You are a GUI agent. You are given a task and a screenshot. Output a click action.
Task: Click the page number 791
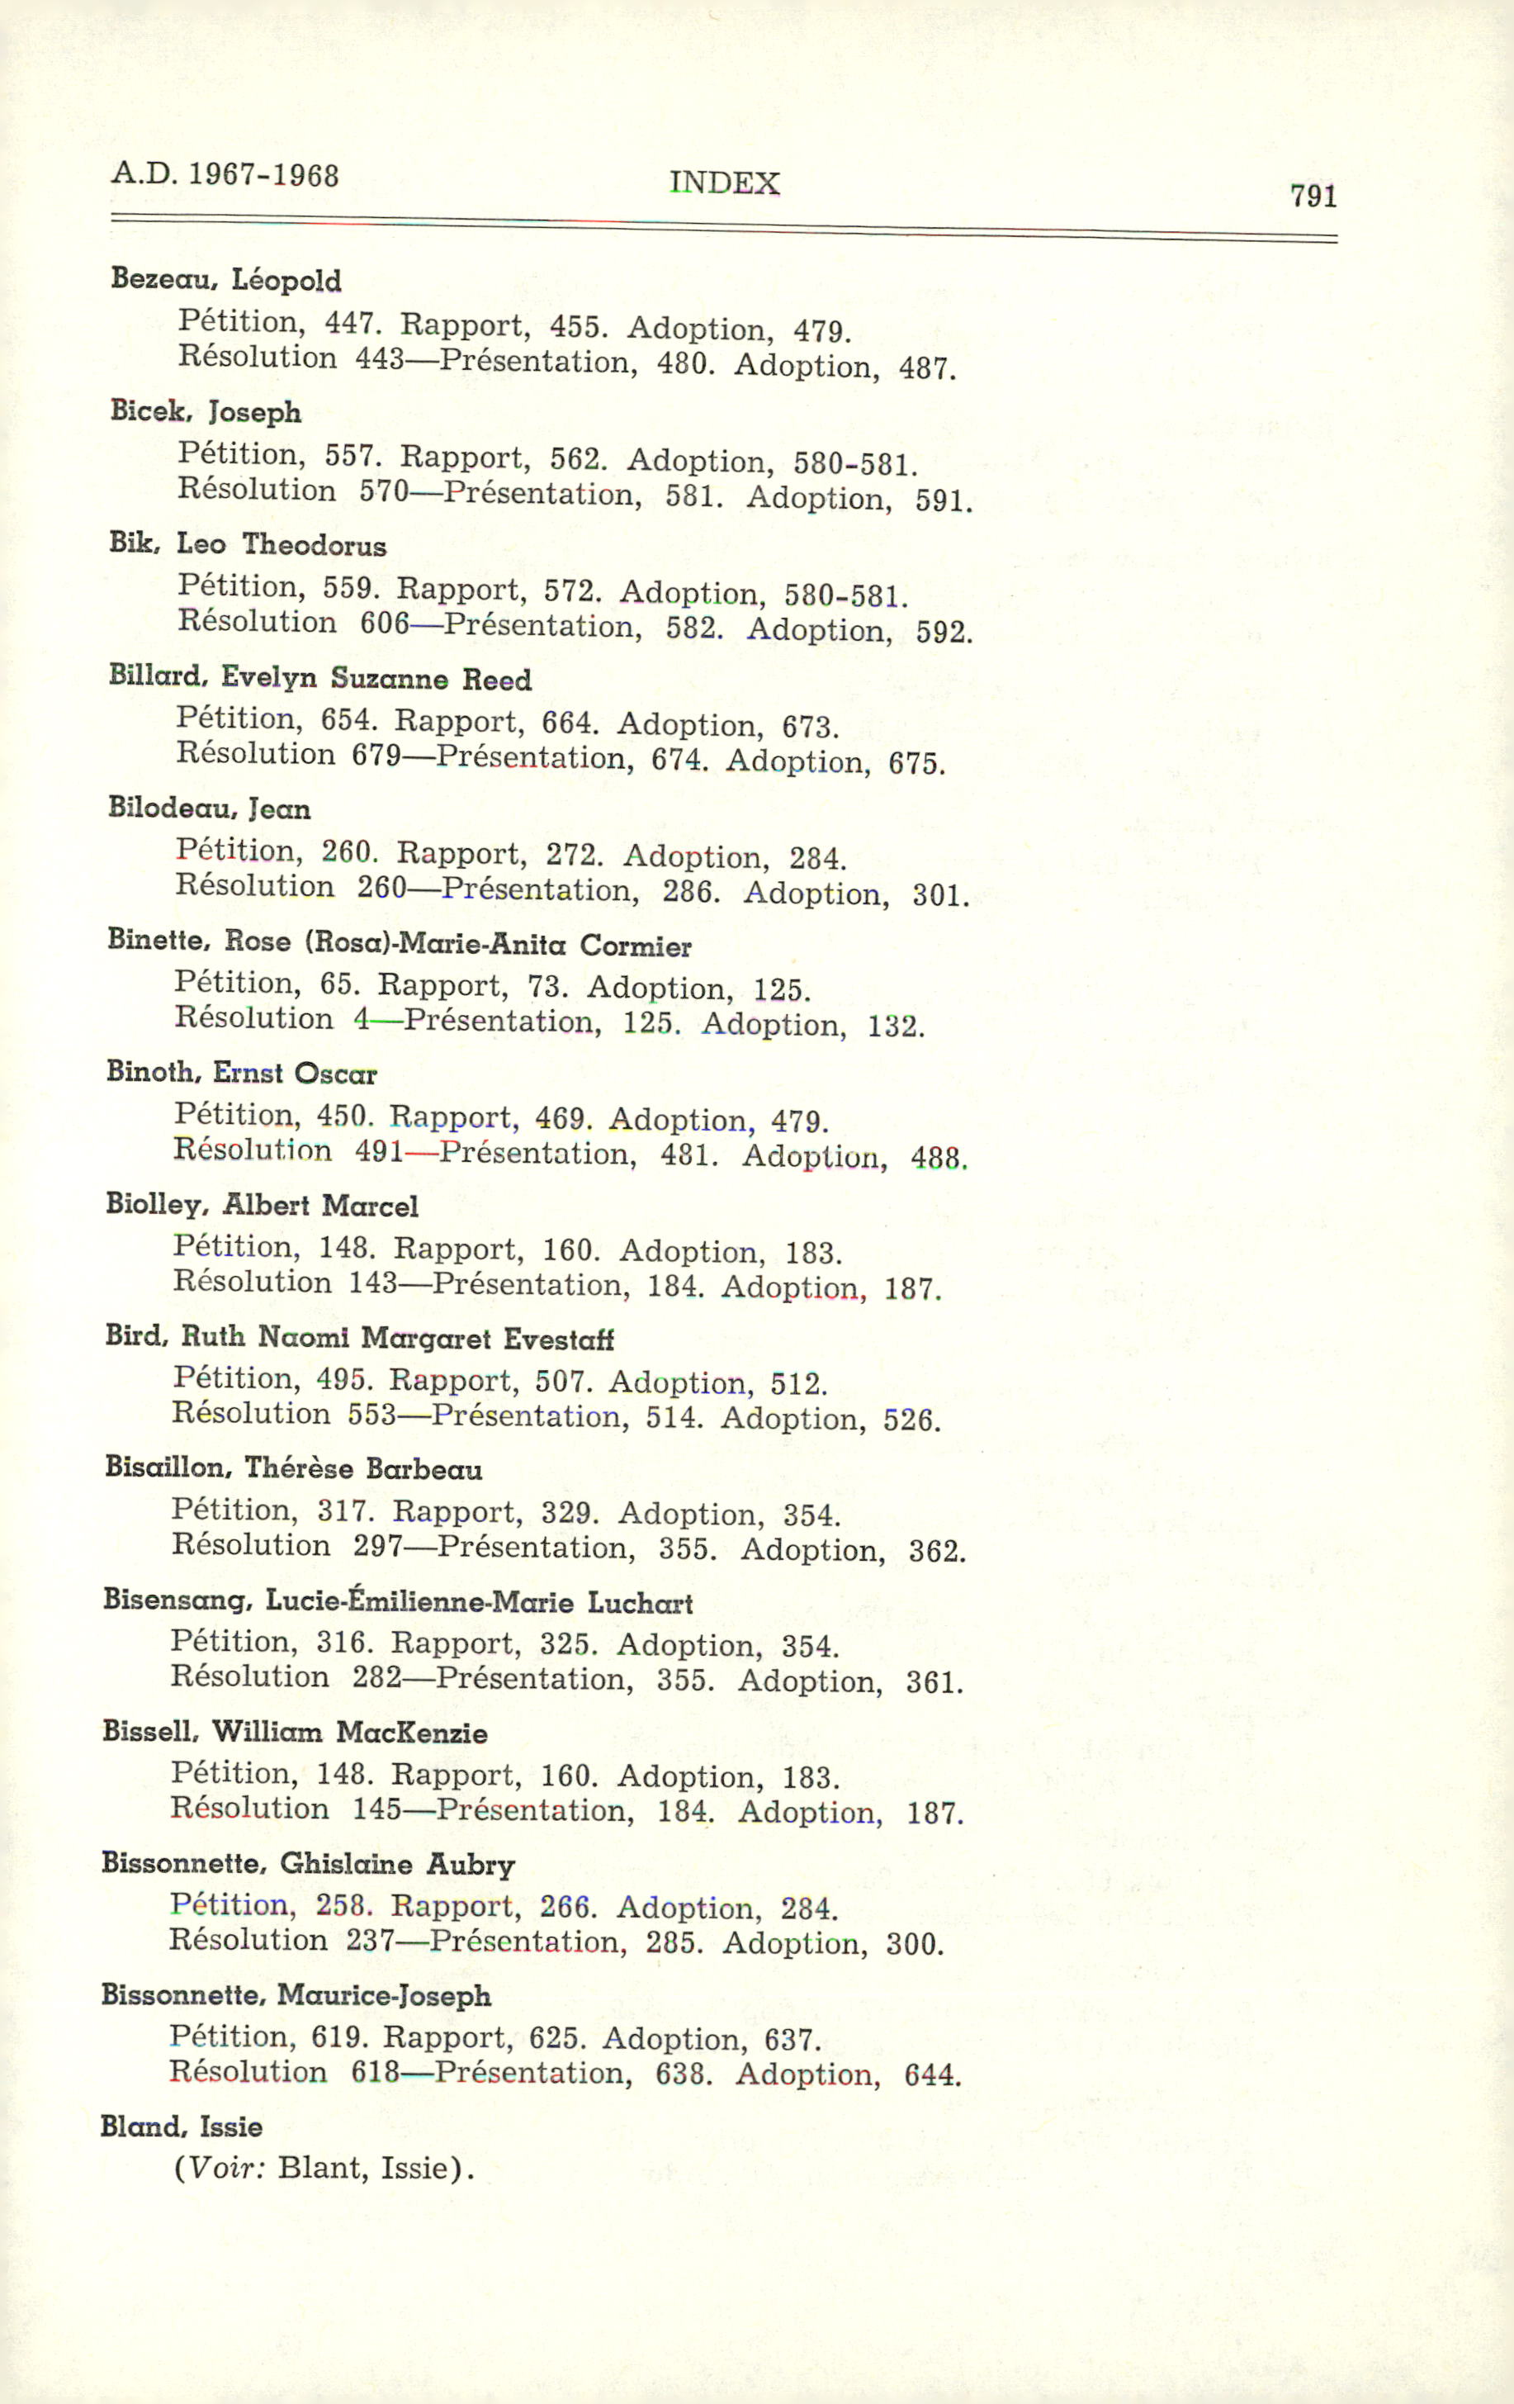[x=1313, y=196]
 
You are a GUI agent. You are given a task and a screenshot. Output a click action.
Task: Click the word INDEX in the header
[x=723, y=183]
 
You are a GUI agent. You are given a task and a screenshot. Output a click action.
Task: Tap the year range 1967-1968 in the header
[x=263, y=176]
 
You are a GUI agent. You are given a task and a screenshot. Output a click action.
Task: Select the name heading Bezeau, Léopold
[x=225, y=279]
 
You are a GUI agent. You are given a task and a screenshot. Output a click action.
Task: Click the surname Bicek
[x=149, y=410]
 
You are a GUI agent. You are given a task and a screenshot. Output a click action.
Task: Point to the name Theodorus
[x=314, y=545]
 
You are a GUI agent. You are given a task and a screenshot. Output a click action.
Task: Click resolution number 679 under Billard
[x=376, y=755]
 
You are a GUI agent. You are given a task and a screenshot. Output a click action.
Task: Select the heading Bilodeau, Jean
[x=210, y=808]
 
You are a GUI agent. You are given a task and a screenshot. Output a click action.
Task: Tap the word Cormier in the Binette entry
[x=635, y=946]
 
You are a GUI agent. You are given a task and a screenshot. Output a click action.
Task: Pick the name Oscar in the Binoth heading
[x=335, y=1074]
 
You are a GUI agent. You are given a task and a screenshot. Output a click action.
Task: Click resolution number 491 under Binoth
[x=379, y=1151]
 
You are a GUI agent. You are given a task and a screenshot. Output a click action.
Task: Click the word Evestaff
[x=558, y=1339]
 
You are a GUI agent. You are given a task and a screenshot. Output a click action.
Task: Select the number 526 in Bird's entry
[x=911, y=1420]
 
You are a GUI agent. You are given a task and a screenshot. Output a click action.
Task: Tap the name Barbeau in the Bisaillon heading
[x=423, y=1469]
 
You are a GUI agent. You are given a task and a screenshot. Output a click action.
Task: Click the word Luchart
[x=640, y=1603]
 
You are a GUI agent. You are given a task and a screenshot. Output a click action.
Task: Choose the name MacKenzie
[x=411, y=1733]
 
